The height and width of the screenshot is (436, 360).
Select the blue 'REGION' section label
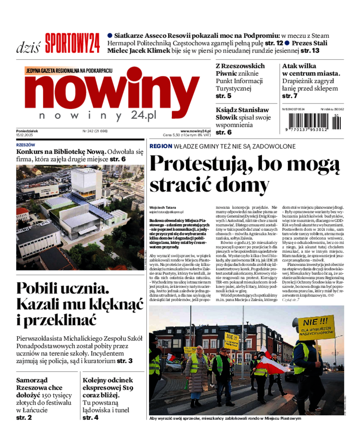coord(161,146)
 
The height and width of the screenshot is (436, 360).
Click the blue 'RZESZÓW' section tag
coord(25,145)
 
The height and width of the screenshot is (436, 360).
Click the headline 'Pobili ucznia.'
coord(62,288)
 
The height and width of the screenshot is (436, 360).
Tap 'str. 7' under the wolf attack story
coord(290,96)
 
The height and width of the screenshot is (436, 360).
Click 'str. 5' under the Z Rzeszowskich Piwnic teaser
coord(224,96)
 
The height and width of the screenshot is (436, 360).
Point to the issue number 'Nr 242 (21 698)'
coord(95,131)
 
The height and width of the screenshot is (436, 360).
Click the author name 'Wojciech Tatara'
coord(162,207)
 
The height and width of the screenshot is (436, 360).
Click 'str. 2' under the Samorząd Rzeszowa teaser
coord(24,418)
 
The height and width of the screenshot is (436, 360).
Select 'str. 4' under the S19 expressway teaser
coord(90,418)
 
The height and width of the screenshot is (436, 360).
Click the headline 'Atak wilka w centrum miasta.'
coord(311,69)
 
